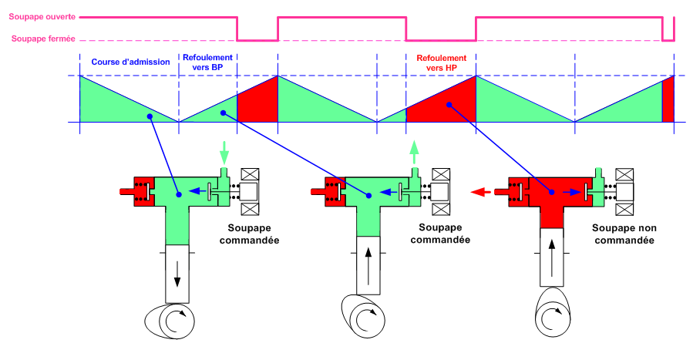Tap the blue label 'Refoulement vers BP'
208,62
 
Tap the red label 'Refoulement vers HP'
441,62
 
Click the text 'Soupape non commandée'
623,234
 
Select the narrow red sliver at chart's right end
668,100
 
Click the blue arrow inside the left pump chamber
199,192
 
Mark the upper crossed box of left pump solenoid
251,174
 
